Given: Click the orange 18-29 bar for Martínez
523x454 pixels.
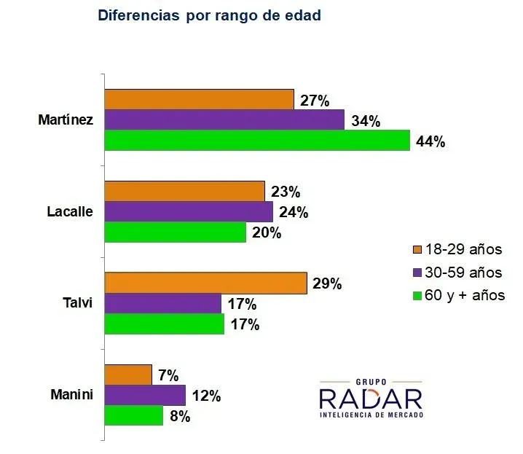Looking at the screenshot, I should tap(199, 99).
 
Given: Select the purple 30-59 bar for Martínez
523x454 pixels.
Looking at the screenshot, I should tap(224, 120).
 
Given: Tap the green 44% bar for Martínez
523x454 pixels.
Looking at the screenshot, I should tap(257, 140).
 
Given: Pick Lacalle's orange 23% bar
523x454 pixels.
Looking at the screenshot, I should tap(184, 192).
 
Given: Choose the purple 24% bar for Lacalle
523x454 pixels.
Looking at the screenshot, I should tap(189, 212).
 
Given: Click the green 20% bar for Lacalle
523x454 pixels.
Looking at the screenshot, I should tap(176, 232).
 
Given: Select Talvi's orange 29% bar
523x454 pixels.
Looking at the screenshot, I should tap(206, 283).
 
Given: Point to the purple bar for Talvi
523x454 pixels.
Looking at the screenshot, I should tap(163, 303).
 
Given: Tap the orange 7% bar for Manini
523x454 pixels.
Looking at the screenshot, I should tap(128, 375).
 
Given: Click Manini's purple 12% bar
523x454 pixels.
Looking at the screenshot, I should tap(145, 395).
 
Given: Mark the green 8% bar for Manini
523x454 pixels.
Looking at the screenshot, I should tap(134, 415).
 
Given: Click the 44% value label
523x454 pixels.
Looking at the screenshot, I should tap(430, 142).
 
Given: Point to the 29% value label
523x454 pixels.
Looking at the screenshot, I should tap(326, 284).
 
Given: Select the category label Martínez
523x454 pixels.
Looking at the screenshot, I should tap(66, 120).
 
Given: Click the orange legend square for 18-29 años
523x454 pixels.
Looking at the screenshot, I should tap(417, 249).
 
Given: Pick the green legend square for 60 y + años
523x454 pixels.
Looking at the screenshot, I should tap(417, 296).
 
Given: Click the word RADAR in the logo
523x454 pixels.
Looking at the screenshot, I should tap(370, 398).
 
